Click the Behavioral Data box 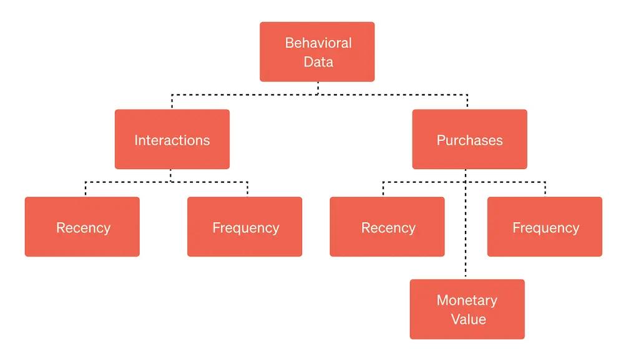(317, 52)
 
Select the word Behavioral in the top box (318, 43)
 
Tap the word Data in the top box (318, 62)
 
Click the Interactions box (172, 139)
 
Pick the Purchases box (469, 139)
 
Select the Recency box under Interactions (82, 227)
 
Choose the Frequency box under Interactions (245, 227)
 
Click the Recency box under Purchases (387, 227)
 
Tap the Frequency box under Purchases (545, 227)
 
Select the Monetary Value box (467, 309)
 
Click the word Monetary (467, 300)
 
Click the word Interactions (172, 140)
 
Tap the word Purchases (469, 140)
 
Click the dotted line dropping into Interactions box (172, 102)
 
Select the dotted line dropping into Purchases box (467, 102)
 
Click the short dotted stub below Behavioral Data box (318, 88)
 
